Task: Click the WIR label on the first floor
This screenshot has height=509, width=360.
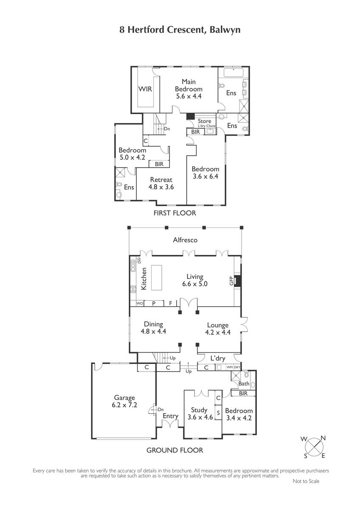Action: (145, 89)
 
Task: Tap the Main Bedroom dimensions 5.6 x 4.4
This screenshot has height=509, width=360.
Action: (188, 96)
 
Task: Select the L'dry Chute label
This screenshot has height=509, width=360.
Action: (206, 126)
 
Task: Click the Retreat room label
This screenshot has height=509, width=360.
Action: (161, 180)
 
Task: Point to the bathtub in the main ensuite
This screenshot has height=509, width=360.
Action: (233, 73)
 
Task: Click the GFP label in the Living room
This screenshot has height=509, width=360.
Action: (231, 281)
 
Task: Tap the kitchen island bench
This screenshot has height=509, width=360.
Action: (157, 277)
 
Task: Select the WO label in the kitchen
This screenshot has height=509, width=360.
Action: (140, 303)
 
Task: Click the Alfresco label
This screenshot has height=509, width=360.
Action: (185, 240)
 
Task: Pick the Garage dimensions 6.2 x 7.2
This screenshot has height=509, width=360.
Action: (124, 405)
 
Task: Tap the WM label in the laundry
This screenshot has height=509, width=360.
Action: (230, 367)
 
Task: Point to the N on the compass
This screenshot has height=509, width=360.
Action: (323, 438)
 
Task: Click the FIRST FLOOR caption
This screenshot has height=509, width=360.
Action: (174, 213)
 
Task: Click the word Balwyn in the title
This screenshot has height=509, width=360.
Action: (225, 30)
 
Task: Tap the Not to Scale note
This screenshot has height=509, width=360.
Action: (306, 481)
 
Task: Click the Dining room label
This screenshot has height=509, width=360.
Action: (154, 324)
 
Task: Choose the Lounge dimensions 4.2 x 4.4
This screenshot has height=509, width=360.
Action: (218, 332)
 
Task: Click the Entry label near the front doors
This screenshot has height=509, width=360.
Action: (170, 416)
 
